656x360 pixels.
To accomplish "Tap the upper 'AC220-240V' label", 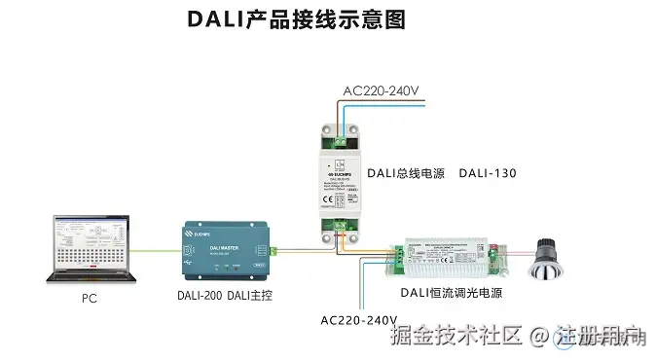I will click(x=381, y=92).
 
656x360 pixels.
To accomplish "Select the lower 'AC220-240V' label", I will click(x=358, y=320).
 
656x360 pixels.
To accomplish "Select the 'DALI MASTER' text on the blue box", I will click(x=226, y=248).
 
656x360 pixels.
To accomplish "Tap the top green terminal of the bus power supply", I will click(x=339, y=140).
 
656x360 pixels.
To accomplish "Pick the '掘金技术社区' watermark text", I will click(x=456, y=337).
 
